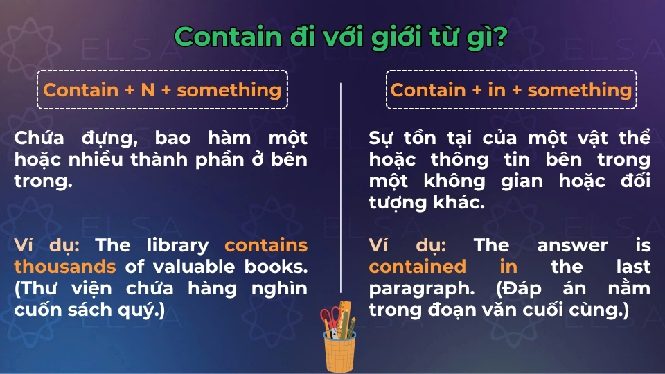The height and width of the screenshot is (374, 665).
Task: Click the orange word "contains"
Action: click(266, 245)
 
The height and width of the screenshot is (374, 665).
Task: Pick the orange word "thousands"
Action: click(65, 267)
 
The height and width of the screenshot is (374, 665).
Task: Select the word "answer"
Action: click(572, 245)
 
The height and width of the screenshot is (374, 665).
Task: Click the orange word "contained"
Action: click(417, 267)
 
